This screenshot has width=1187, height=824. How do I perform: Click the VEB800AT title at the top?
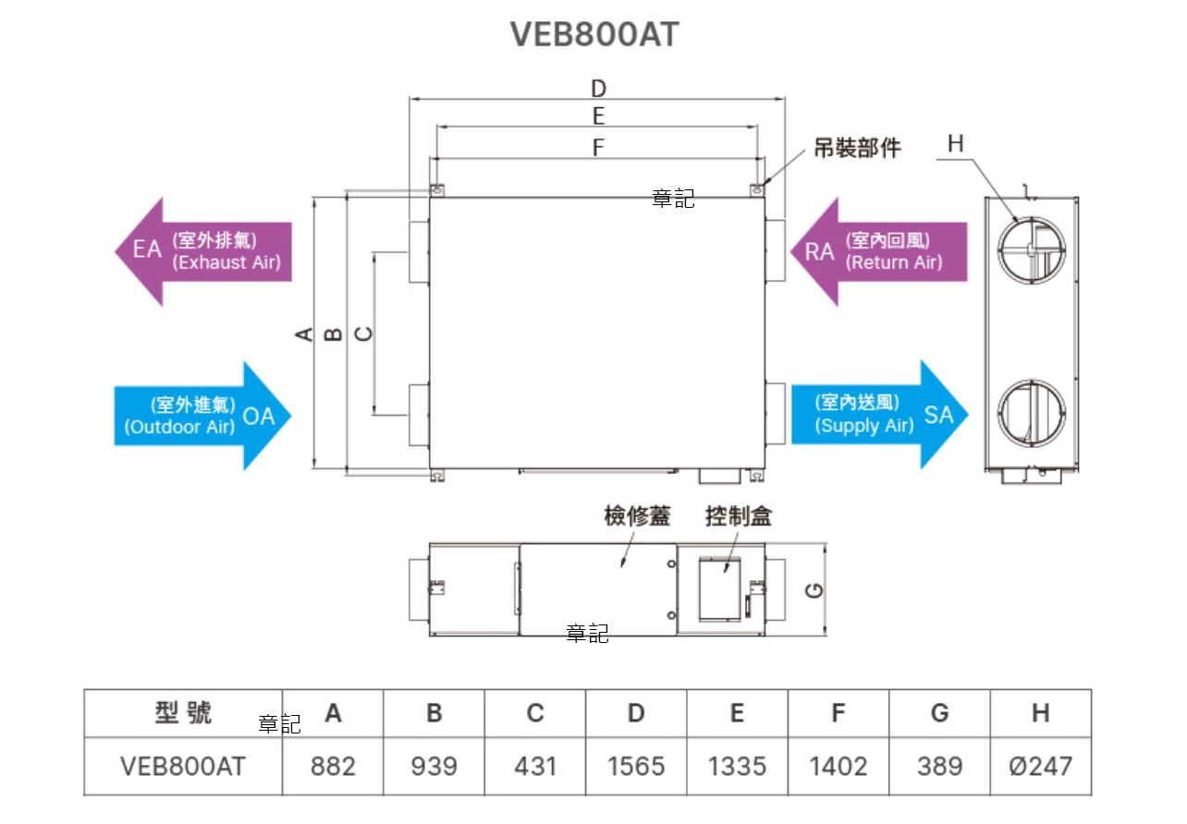pyautogui.click(x=594, y=34)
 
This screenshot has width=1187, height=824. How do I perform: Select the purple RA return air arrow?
pyautogui.click(x=878, y=251)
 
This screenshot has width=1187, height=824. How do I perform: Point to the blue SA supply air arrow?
pyautogui.click(x=878, y=415)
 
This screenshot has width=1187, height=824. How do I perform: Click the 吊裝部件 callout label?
pyautogui.click(x=856, y=148)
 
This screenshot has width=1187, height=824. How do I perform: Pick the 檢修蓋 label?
pyautogui.click(x=637, y=515)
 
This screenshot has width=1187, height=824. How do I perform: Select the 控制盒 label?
pyautogui.click(x=738, y=515)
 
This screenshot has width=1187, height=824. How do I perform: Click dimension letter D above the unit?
pyautogui.click(x=598, y=89)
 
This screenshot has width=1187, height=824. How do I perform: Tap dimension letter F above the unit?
pyautogui.click(x=598, y=147)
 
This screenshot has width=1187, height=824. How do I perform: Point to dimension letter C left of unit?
pyautogui.click(x=364, y=333)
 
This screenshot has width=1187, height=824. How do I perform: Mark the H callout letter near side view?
pyautogui.click(x=955, y=143)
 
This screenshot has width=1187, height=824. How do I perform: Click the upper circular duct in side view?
pyautogui.click(x=1030, y=251)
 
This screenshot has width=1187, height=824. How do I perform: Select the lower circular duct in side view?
pyautogui.click(x=1030, y=413)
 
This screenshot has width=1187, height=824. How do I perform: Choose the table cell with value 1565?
pyautogui.click(x=636, y=766)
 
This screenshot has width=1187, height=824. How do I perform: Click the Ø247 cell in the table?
pyautogui.click(x=1040, y=766)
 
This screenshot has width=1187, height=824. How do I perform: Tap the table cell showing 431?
pyautogui.click(x=535, y=766)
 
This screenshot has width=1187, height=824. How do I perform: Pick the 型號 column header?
pyautogui.click(x=183, y=712)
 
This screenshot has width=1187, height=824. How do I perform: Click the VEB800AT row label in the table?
pyautogui.click(x=183, y=766)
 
